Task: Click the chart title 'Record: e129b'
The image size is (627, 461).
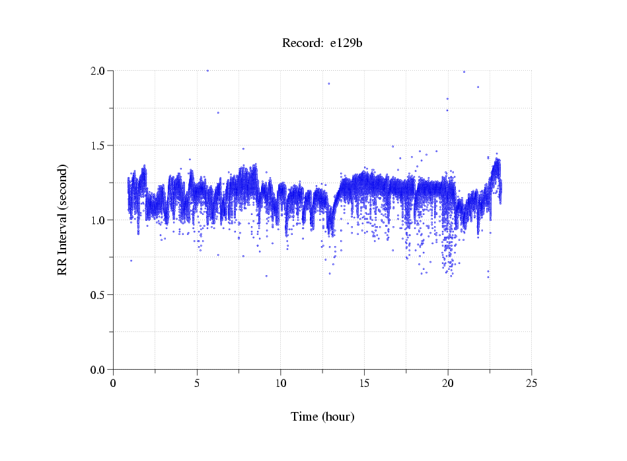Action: coord(322,44)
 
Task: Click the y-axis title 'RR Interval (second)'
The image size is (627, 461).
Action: coord(62,220)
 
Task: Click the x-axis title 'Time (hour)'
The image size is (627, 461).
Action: coord(322,417)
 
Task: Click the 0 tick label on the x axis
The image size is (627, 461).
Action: coord(114,382)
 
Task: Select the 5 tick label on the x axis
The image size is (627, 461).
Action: coord(197,382)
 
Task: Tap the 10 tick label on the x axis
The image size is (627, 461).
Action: coord(281,382)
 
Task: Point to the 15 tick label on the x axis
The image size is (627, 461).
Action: coord(364,382)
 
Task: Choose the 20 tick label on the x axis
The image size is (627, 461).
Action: coord(448,382)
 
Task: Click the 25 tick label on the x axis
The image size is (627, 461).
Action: coord(531,382)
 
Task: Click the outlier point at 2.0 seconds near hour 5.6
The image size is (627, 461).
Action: coord(207,70)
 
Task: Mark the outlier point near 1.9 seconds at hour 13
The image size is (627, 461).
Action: coord(329,84)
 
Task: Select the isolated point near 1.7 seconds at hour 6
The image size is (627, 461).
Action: coord(218,112)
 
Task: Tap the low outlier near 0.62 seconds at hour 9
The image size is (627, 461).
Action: coord(266,276)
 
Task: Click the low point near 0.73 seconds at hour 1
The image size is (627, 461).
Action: coord(131,261)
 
